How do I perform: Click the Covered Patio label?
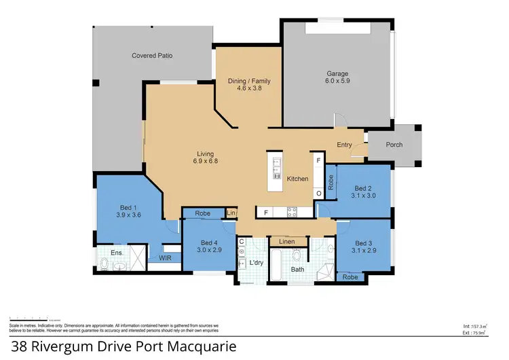tap(152, 56)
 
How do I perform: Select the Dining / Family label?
tap(249, 81)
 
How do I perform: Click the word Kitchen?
tap(297, 179)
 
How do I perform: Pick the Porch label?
tap(394, 144)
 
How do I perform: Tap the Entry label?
tap(345, 144)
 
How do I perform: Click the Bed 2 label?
tap(364, 188)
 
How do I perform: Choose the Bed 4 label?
tap(209, 242)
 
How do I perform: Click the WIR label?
tap(165, 258)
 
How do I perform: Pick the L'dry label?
tap(256, 262)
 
